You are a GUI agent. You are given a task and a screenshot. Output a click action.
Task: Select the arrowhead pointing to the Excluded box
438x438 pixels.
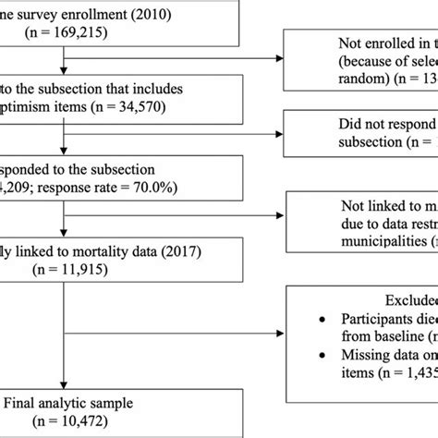(x=282, y=332)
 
